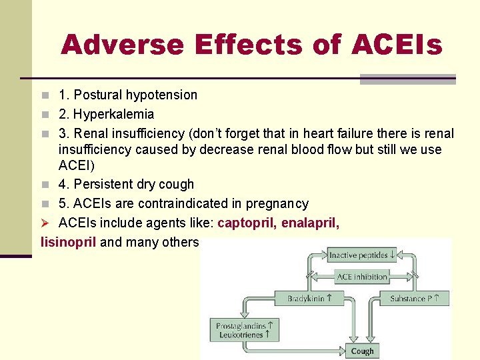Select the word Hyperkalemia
(x=113, y=115)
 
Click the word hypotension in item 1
(x=162, y=95)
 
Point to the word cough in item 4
(x=176, y=185)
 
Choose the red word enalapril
(x=310, y=223)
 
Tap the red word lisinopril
(x=69, y=242)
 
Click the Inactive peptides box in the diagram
(x=362, y=255)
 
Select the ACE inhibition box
(x=362, y=277)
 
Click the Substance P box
(x=419, y=298)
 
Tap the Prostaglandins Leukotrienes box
(x=245, y=330)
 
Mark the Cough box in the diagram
(x=362, y=351)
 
